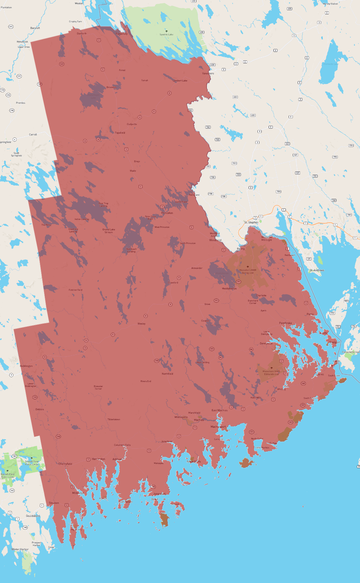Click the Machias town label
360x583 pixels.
point(199,420)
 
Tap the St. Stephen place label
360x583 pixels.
point(251,222)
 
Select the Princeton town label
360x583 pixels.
point(167,213)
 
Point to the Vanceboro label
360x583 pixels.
point(208,74)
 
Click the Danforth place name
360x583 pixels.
point(81,33)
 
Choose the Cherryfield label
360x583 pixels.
point(65,464)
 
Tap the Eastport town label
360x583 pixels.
point(335,342)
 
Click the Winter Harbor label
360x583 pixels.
point(20,549)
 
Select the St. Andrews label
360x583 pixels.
point(317,270)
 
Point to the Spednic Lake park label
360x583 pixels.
point(166,34)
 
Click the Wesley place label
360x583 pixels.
point(141,324)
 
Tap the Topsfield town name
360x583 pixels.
point(120,133)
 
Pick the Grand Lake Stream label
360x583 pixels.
point(109,231)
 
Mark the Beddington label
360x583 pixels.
point(26,366)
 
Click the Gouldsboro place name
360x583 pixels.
point(33,516)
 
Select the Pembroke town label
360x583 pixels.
point(285,323)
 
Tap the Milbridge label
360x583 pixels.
point(78,493)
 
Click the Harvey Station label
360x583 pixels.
point(330,4)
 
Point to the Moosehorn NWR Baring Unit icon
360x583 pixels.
point(248,267)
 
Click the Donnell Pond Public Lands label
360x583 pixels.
point(32,463)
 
